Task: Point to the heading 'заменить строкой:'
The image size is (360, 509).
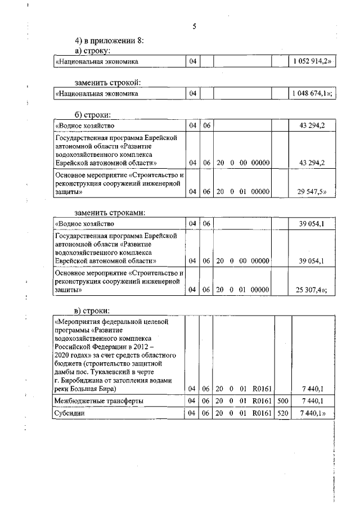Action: [x=107, y=83]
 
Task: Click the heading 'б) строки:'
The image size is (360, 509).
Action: [x=92, y=115]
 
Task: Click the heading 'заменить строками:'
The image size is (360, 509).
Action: [x=110, y=213]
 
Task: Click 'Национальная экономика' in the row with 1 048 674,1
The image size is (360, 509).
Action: [x=97, y=94]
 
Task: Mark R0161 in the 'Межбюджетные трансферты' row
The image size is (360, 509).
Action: [x=262, y=400]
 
